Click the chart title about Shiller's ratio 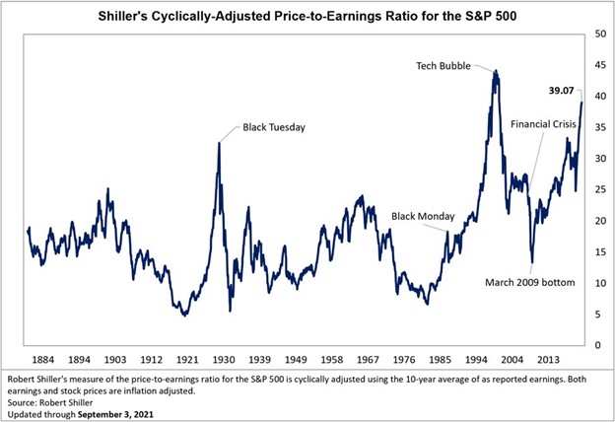307,16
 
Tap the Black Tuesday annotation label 276,127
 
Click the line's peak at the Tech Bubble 496,71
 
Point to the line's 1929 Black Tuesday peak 218,144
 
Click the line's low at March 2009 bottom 532,262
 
